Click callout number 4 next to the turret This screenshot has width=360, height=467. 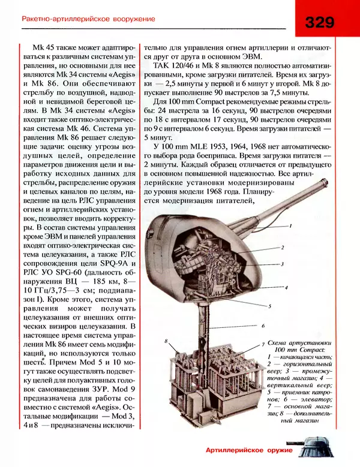pyautogui.click(x=287, y=288)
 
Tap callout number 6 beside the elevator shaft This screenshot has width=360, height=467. pyautogui.click(x=263, y=325)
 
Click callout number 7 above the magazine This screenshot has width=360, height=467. pyautogui.click(x=264, y=342)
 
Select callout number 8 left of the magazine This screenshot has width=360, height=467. pyautogui.click(x=166, y=341)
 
